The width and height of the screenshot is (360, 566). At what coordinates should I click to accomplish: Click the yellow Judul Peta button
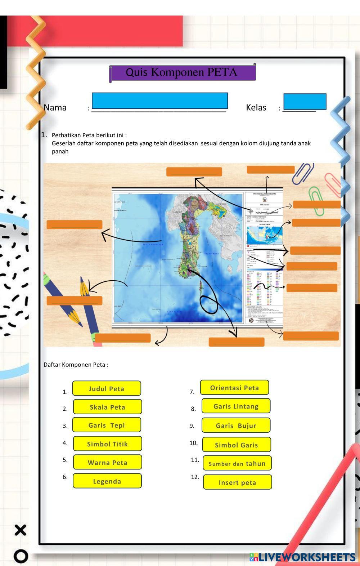click(107, 388)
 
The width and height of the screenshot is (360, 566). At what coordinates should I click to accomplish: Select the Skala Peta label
click(107, 407)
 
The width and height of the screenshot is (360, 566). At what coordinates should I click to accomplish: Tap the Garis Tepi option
click(107, 425)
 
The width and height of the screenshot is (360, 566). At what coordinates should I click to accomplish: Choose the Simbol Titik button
click(107, 444)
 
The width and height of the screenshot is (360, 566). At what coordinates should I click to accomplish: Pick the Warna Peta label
click(107, 462)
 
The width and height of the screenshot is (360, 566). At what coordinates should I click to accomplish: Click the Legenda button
click(107, 481)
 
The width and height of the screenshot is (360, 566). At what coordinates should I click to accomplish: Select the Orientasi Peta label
click(234, 388)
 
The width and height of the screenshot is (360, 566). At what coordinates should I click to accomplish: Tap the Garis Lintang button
click(236, 406)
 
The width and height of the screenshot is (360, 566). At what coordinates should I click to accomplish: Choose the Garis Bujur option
click(236, 425)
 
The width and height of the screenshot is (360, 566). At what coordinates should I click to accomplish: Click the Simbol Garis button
click(236, 445)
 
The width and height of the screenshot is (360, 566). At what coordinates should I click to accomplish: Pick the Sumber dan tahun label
click(237, 463)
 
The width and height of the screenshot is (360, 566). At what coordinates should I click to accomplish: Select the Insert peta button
click(237, 482)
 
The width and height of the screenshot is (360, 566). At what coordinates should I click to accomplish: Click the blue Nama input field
click(159, 101)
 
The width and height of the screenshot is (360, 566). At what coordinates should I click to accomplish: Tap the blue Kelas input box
click(305, 101)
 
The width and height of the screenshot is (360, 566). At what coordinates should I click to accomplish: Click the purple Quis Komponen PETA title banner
click(183, 72)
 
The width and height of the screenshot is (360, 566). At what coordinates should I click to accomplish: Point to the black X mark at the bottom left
click(21, 530)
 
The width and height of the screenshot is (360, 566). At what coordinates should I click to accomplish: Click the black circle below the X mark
click(21, 556)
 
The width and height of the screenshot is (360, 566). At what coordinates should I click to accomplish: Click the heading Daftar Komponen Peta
click(76, 365)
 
